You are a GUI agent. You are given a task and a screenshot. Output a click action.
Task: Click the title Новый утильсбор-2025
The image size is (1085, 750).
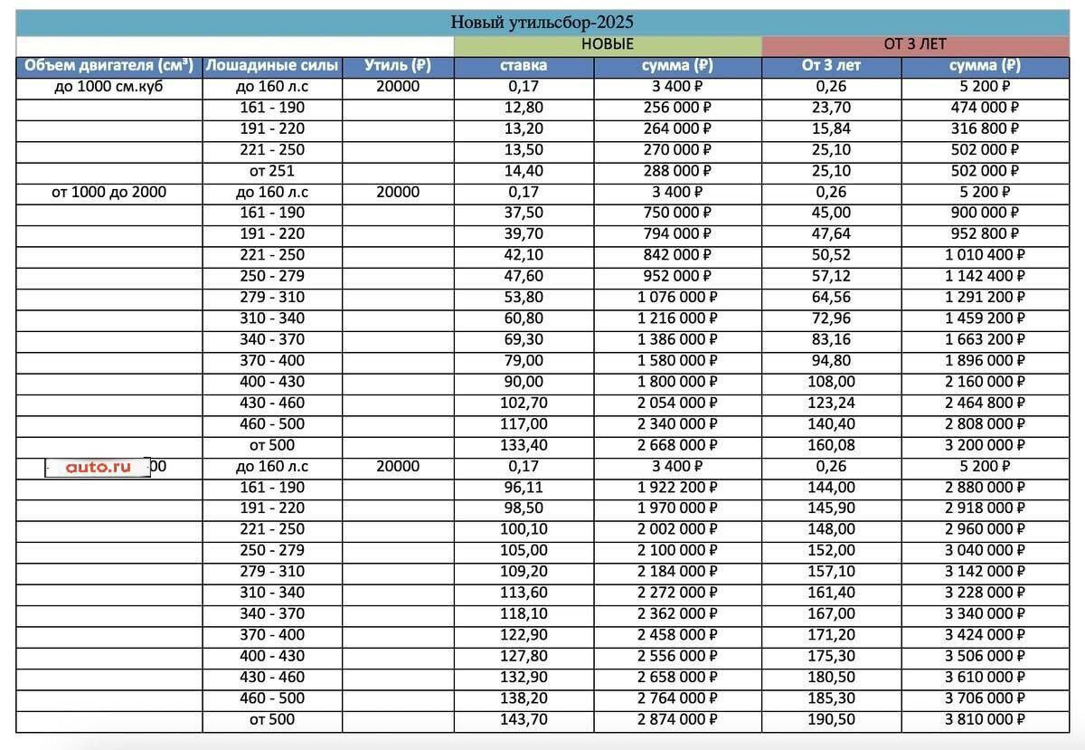tap(542, 23)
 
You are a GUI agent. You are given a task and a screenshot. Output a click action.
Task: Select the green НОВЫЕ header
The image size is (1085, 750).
tap(607, 44)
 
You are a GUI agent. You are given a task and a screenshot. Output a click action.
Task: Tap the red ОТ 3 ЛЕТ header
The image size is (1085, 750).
tap(915, 44)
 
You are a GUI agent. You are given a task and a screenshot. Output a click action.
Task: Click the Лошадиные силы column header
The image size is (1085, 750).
tap(272, 65)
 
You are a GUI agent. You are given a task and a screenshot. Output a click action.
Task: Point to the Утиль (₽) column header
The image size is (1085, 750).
tap(397, 65)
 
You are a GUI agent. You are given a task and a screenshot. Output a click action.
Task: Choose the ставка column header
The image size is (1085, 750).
tap(524, 65)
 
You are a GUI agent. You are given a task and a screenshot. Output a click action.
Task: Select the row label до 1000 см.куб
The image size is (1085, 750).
tap(108, 87)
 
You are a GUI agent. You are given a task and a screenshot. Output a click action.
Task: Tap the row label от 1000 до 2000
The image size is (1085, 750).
tap(108, 192)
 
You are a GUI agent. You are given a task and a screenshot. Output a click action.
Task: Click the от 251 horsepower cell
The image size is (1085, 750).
tap(272, 171)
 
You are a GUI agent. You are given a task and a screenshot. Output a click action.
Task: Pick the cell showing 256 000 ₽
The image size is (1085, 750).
tap(676, 108)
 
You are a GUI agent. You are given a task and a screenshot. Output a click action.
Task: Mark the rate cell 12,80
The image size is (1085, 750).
tap(524, 108)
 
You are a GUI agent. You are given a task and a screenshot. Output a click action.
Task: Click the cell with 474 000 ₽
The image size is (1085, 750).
tap(986, 108)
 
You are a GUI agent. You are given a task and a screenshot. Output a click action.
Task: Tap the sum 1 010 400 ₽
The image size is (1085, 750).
tap(986, 255)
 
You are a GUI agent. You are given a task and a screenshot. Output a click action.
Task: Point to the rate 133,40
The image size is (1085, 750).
tap(524, 445)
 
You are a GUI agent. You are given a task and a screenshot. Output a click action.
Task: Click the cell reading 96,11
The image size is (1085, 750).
tap(524, 488)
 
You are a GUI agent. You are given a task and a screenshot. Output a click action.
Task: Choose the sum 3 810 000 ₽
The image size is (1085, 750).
tap(986, 719)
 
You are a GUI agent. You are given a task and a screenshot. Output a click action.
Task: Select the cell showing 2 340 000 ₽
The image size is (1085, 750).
tap(676, 424)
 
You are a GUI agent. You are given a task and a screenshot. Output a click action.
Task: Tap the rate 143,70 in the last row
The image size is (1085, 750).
tap(524, 719)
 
